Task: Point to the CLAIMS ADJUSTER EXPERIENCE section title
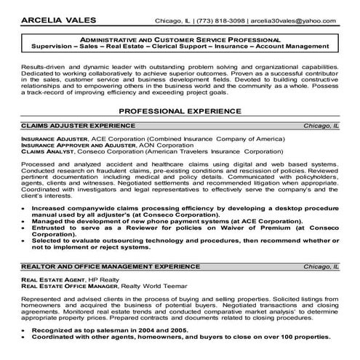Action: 66,126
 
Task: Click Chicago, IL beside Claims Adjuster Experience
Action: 322,126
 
